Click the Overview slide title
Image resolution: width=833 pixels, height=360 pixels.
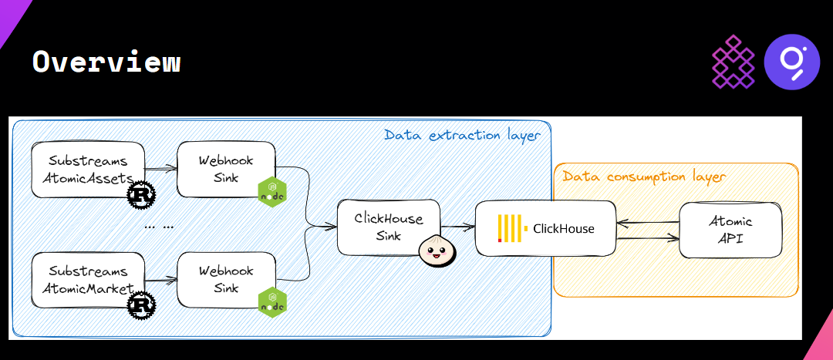(106, 62)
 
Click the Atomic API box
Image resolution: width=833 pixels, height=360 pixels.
(730, 230)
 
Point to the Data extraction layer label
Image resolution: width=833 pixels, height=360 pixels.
(462, 136)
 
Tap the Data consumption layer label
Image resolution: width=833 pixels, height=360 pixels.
(644, 177)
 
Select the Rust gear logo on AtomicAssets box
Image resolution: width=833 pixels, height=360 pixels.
(141, 195)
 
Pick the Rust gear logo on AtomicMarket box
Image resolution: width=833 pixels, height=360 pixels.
(141, 305)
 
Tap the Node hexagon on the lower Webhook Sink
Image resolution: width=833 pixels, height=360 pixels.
(271, 301)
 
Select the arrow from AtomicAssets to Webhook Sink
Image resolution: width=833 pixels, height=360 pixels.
(161, 167)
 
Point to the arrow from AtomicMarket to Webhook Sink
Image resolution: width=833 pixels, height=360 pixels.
(161, 279)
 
